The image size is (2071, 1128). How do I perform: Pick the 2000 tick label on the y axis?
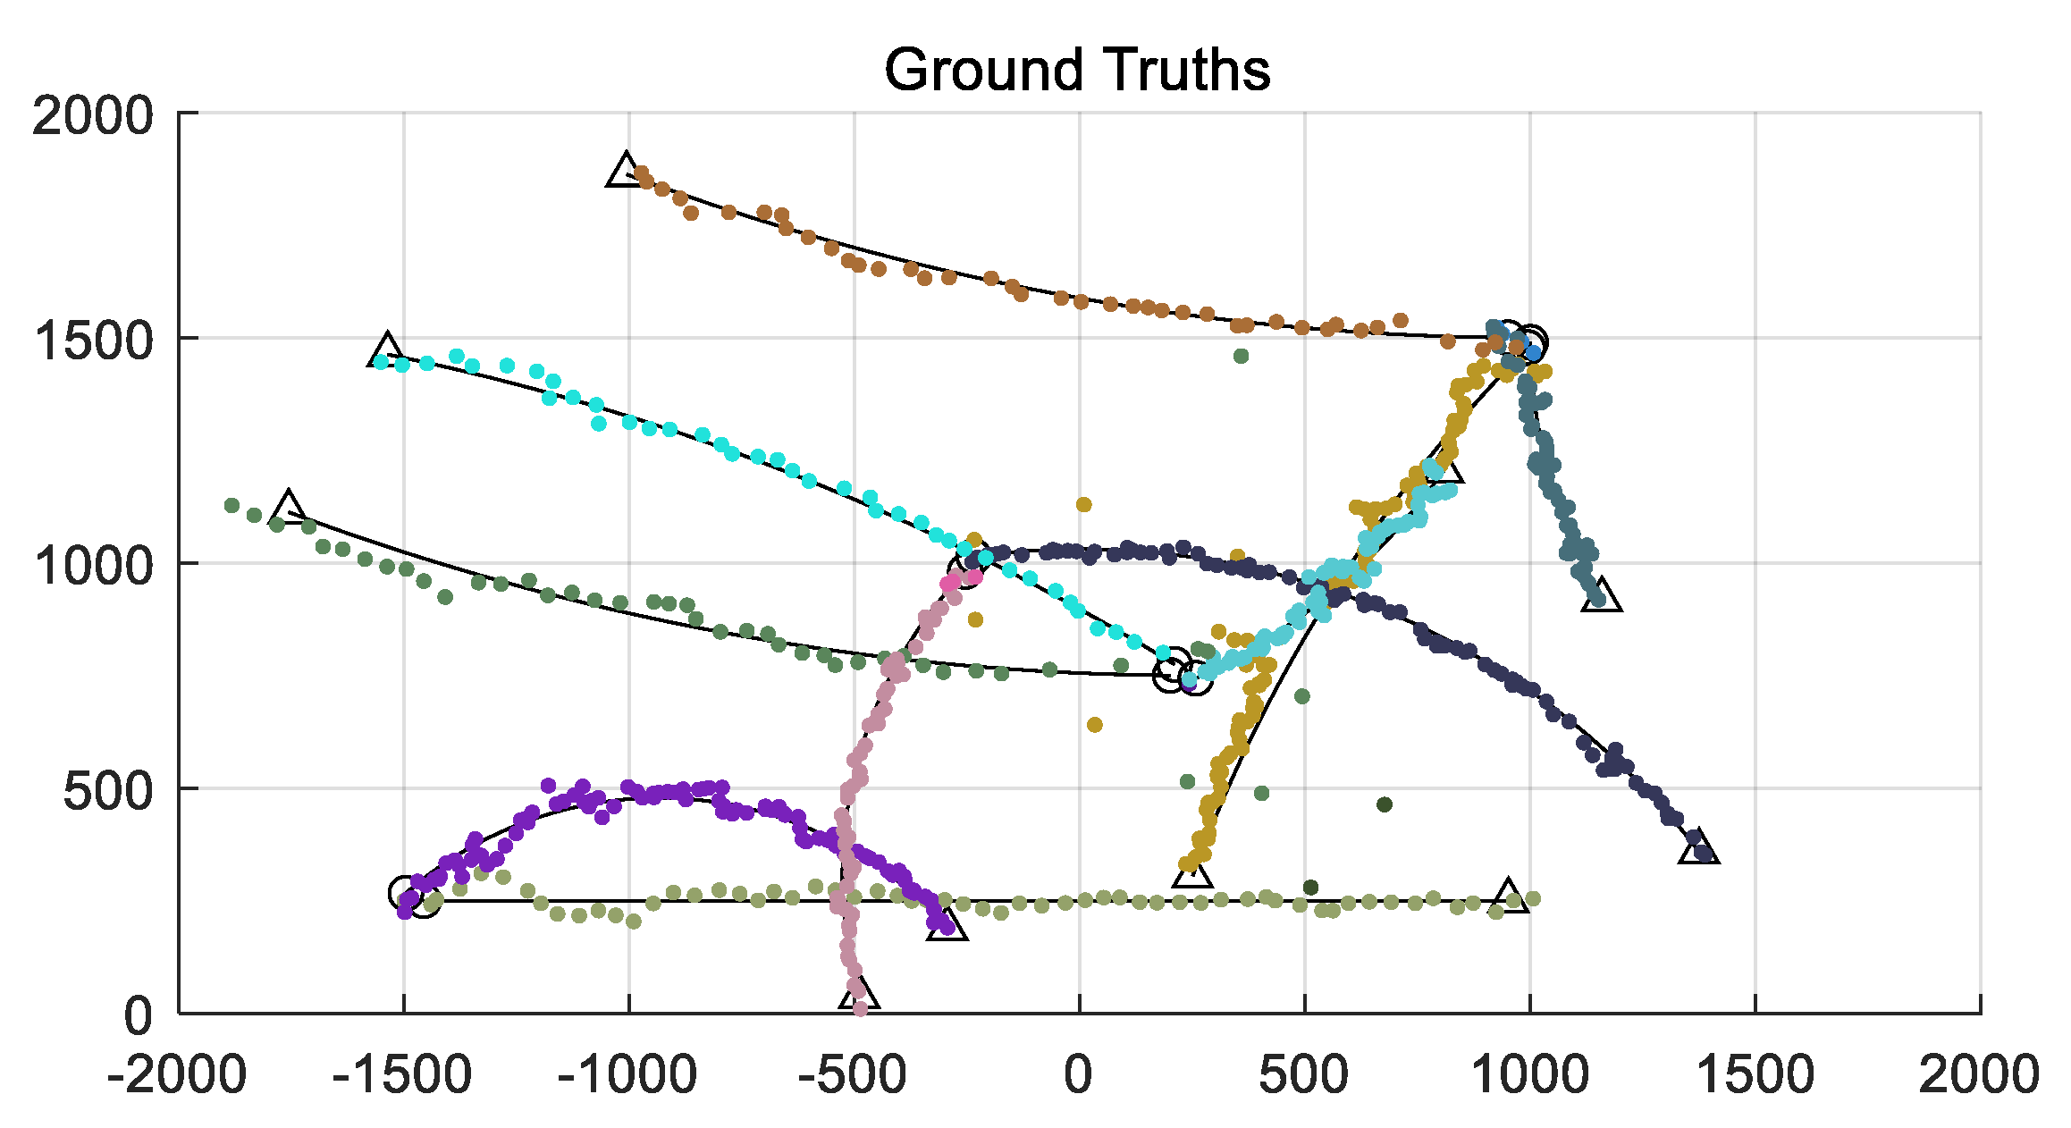[93, 115]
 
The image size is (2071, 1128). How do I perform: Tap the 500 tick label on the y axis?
[108, 790]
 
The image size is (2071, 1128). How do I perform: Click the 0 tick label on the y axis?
[139, 1016]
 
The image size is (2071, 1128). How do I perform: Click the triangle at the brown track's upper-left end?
[624, 171]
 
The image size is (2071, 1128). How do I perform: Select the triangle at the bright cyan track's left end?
[386, 351]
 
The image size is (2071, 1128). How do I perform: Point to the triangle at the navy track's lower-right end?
[1697, 847]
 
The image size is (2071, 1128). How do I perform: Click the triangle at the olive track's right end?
[1509, 895]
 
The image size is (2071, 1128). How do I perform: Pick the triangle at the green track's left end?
[288, 507]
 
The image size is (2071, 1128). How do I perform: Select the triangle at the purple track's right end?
[947, 925]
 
